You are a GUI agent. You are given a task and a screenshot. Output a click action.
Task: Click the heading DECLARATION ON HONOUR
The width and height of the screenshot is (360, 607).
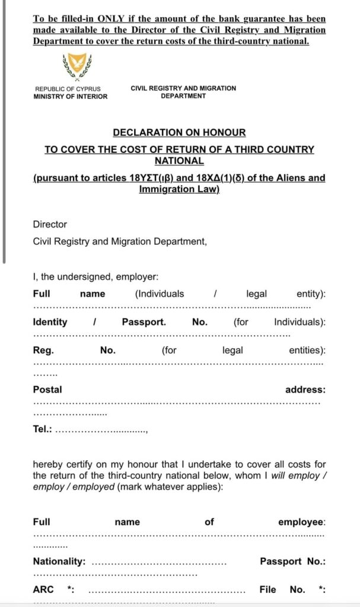tap(179, 133)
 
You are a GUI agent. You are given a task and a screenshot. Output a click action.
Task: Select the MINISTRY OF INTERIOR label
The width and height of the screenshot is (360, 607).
tap(71, 97)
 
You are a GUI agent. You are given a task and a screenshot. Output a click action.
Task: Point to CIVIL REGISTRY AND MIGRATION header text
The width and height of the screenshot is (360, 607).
tap(183, 88)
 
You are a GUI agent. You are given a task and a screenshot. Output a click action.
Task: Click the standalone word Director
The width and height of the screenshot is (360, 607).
tap(50, 225)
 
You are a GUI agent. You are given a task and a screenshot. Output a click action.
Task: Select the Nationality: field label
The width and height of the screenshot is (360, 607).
tap(59, 561)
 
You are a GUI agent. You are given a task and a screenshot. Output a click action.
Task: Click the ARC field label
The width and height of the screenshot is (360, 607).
tap(43, 589)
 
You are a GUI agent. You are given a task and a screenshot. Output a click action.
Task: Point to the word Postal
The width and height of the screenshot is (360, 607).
tap(47, 389)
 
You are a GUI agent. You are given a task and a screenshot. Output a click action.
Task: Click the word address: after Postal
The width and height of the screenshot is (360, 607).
tap(305, 389)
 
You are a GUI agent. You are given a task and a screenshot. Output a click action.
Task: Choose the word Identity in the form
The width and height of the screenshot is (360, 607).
tap(50, 322)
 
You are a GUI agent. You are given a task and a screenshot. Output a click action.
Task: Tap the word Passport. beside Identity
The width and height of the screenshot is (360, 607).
tap(144, 322)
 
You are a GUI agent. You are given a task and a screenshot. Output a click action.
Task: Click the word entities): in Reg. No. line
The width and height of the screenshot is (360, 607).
tap(307, 350)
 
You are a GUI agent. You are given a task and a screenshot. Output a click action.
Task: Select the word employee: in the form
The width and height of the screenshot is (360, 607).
tap(302, 522)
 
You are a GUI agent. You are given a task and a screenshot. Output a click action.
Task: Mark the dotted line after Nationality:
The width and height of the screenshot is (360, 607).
tap(159, 563)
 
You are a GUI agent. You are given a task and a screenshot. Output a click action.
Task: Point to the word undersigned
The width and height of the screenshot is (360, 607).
tap(87, 276)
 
